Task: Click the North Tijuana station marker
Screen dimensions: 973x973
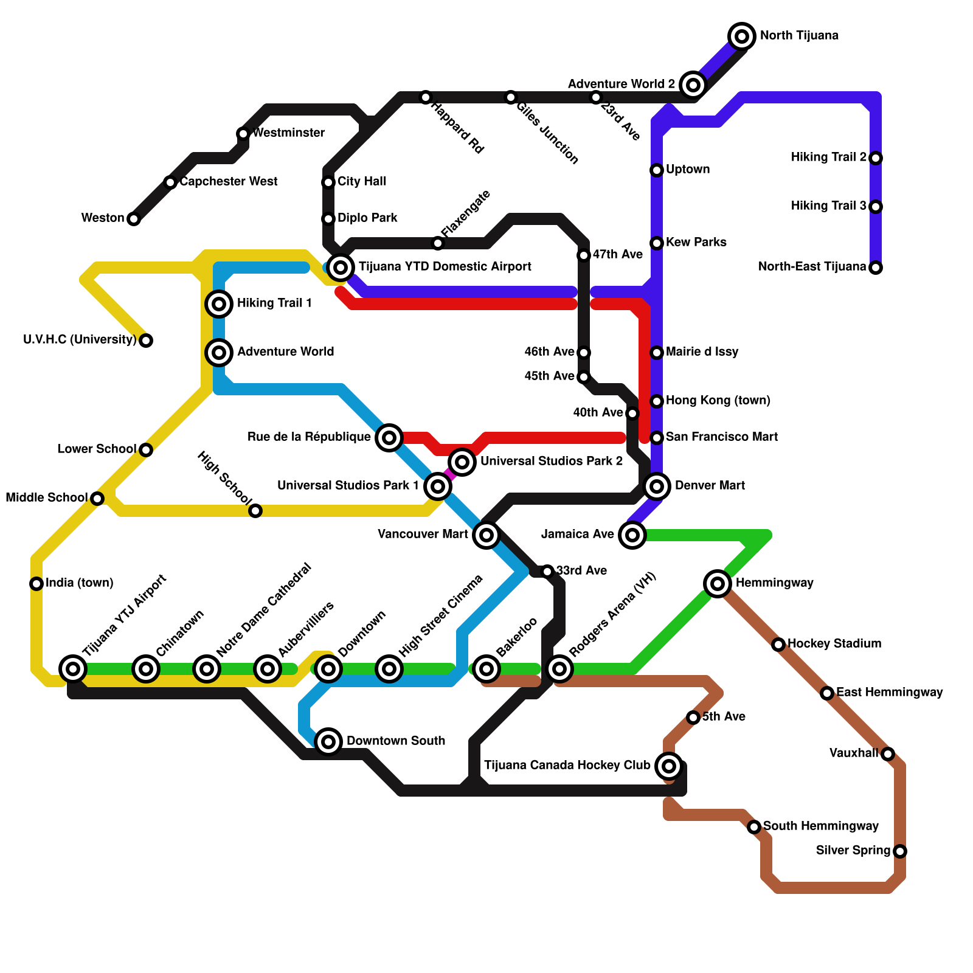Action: [x=741, y=36]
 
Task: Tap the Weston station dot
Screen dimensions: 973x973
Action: [x=134, y=219]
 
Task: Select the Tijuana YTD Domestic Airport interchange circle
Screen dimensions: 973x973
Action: [x=341, y=267]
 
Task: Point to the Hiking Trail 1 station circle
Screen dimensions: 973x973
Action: [x=219, y=303]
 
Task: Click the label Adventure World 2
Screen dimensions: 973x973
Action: [x=621, y=84]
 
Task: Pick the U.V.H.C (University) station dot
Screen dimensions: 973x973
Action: [x=146, y=341]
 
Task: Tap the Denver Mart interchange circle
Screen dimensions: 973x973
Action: [x=657, y=486]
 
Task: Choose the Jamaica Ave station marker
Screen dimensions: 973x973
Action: [x=632, y=535]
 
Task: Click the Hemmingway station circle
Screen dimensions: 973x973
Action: [x=718, y=584]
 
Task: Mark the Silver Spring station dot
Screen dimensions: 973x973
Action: [x=900, y=851]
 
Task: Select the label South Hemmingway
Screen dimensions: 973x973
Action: [x=820, y=826]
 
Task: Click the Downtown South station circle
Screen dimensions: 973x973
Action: [x=328, y=741]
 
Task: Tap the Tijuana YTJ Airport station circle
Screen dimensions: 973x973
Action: [x=73, y=669]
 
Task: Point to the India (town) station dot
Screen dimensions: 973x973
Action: [x=36, y=584]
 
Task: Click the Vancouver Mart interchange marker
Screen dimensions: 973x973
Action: [x=486, y=535]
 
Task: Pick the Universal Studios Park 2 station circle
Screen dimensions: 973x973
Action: [x=462, y=462]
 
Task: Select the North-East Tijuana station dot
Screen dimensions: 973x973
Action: [x=876, y=268]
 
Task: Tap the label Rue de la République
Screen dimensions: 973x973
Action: [x=309, y=437]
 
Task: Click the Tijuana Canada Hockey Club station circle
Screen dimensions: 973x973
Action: [x=669, y=766]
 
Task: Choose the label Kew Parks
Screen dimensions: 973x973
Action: [x=696, y=242]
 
